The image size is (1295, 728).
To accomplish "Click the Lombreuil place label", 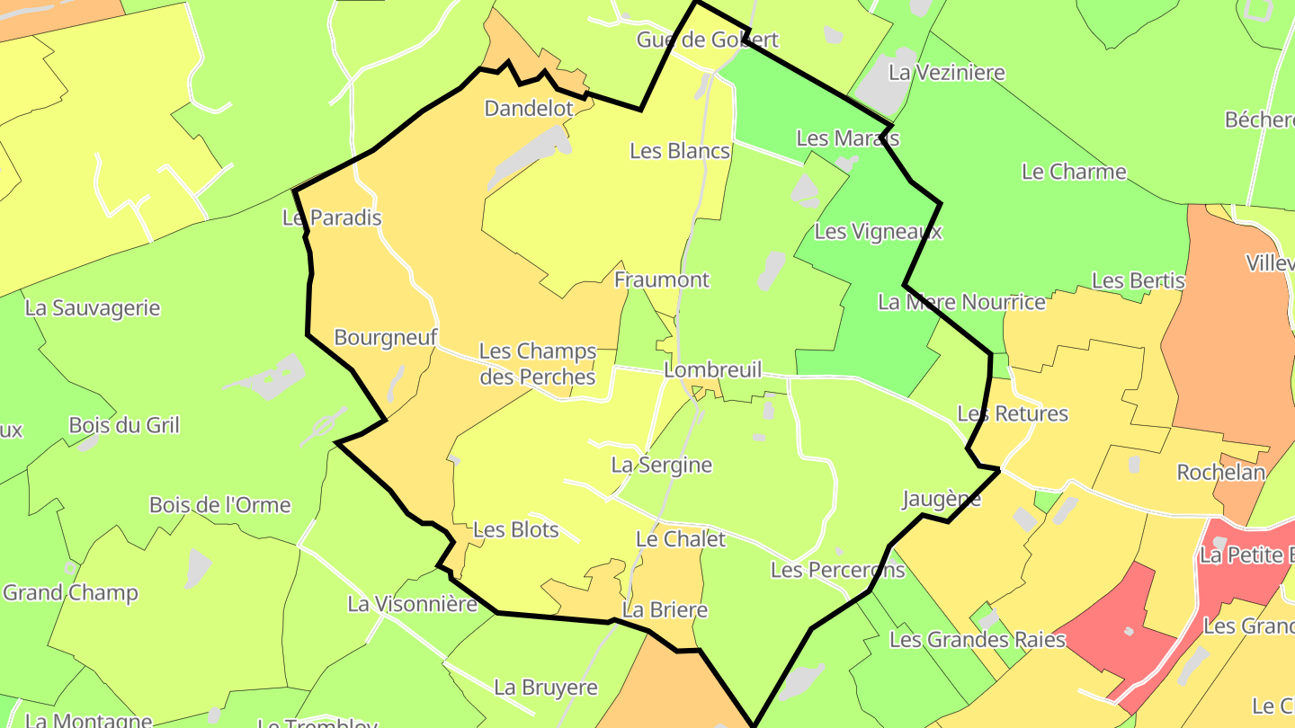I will [x=712, y=370].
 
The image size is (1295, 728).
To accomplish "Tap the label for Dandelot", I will [x=529, y=109].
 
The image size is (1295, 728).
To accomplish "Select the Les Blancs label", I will [x=680, y=151].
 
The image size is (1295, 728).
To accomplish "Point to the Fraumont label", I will [x=662, y=280].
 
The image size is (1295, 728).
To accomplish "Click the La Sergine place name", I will [x=662, y=466].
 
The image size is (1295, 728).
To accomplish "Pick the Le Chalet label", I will [x=680, y=539].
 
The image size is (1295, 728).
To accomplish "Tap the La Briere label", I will [x=665, y=611].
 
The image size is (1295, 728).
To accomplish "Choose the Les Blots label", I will [x=516, y=530].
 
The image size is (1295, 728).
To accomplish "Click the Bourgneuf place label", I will [x=386, y=338].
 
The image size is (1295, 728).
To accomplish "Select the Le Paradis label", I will [x=332, y=218].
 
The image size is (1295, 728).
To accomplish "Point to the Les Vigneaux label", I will [x=878, y=232].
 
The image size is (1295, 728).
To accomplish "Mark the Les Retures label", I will [x=1013, y=414].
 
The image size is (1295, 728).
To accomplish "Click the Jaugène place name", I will [x=942, y=500].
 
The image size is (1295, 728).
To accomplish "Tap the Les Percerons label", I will [x=838, y=570].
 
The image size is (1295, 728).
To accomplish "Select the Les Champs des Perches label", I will [x=538, y=364].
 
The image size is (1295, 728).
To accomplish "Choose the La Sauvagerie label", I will [x=93, y=308].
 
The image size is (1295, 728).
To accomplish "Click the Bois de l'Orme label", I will [x=220, y=505].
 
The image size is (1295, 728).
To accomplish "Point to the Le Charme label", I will [x=1074, y=172].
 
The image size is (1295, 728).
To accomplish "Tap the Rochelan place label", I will [x=1221, y=473].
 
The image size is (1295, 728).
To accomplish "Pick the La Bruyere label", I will [x=546, y=688].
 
